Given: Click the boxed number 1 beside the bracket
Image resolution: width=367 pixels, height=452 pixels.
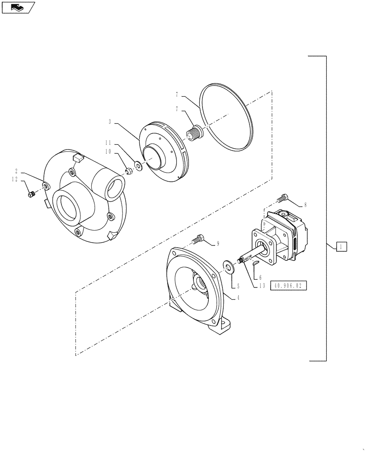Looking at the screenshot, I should [342, 246].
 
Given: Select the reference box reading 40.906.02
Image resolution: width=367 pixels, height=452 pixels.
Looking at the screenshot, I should [288, 286].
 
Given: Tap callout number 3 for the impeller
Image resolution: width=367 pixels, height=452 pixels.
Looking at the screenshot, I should [110, 122].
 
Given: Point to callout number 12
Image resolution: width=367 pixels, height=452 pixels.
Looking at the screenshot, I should [15, 179].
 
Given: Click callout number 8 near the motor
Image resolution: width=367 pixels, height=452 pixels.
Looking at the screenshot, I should [305, 205].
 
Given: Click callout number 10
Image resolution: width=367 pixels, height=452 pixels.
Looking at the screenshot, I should [108, 152].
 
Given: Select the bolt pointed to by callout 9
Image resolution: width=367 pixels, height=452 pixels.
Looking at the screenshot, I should [198, 238].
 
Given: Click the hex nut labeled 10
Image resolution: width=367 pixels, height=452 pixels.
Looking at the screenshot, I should [128, 170].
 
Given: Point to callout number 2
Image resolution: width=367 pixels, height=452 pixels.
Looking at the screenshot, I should [16, 171].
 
